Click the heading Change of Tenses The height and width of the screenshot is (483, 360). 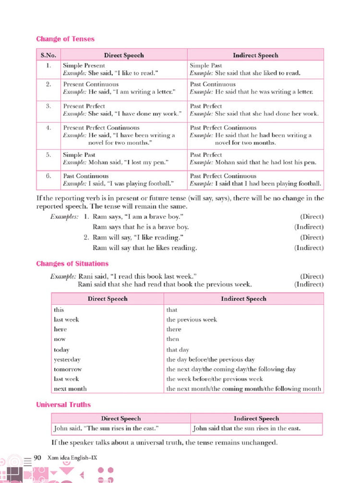(x=65, y=39)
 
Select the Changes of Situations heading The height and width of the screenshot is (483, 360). (x=72, y=264)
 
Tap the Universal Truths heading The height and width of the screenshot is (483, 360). (x=63, y=405)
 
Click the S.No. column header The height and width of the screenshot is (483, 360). (x=48, y=55)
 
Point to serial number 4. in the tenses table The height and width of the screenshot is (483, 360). (x=48, y=128)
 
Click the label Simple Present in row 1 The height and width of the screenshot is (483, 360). (x=84, y=66)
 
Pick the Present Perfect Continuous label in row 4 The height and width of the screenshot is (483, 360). (x=101, y=128)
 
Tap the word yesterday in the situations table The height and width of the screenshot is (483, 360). (x=67, y=360)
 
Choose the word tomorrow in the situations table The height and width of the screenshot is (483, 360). (x=68, y=369)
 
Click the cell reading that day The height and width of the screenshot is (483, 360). (x=178, y=350)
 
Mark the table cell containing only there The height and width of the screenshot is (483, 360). (x=174, y=330)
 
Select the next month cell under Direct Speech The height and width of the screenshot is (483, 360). (x=70, y=389)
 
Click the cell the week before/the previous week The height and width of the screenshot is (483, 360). (x=215, y=379)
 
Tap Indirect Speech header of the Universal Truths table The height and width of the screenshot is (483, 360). (x=256, y=419)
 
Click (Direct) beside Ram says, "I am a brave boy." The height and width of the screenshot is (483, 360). (x=312, y=217)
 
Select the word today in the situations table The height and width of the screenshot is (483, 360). (x=61, y=350)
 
